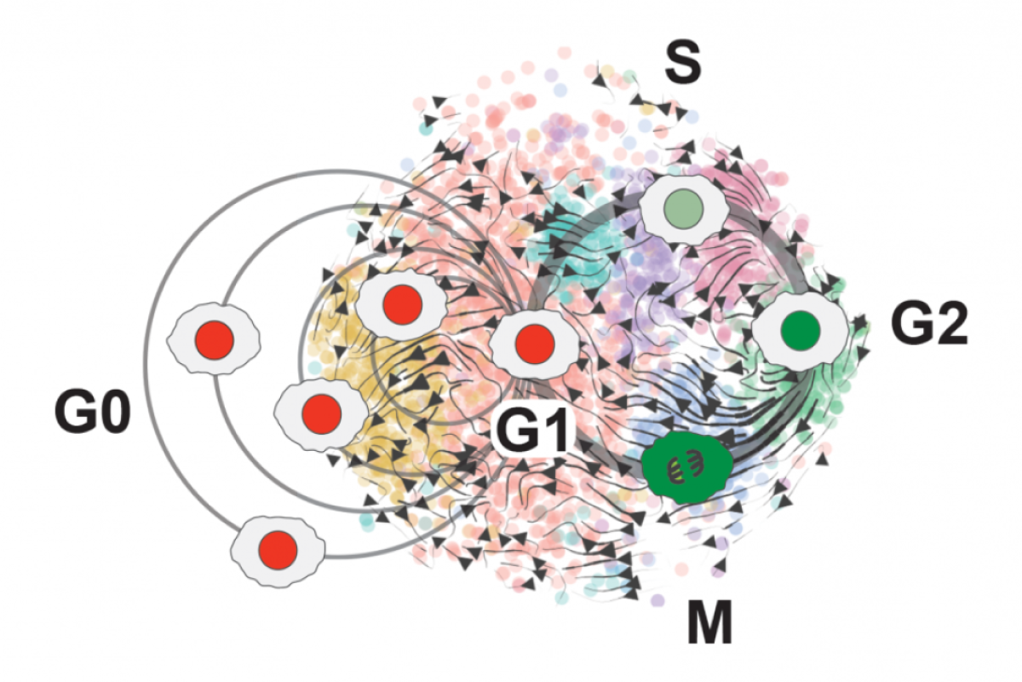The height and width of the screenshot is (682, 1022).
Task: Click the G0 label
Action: (93, 413)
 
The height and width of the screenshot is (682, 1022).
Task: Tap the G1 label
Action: (531, 431)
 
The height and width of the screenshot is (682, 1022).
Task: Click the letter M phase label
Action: (709, 622)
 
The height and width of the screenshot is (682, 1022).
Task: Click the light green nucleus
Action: (683, 209)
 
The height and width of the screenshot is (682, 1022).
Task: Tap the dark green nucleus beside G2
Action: (801, 330)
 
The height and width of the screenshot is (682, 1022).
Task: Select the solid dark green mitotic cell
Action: (687, 468)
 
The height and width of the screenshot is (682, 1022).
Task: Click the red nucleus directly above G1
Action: (535, 344)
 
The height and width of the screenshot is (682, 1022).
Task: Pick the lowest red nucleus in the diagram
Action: (278, 550)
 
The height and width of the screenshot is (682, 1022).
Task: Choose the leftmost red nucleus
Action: (215, 340)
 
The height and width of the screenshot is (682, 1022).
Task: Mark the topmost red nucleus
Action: (402, 305)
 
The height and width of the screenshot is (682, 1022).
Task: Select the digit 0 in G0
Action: (115, 413)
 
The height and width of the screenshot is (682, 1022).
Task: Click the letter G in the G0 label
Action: (73, 413)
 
